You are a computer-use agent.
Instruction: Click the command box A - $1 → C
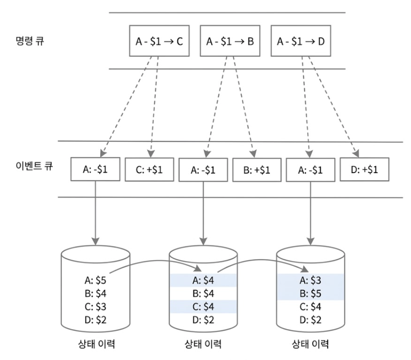tap(159, 41)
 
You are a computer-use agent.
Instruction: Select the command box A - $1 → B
tap(230, 41)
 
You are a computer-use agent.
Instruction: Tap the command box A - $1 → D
tap(301, 41)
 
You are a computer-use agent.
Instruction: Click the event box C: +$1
tap(149, 170)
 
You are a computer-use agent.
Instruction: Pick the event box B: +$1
tap(257, 170)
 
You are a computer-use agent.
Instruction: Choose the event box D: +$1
tap(365, 169)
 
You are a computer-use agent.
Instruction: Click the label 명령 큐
tap(30, 41)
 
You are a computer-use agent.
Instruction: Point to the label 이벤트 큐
tap(34, 166)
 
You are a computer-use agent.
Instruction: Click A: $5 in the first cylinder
tap(95, 280)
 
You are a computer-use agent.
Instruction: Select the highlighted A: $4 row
tap(203, 280)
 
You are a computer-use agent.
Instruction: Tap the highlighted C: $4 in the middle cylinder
tap(203, 307)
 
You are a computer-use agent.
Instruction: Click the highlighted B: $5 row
tap(310, 294)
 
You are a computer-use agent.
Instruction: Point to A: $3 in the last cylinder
tap(310, 280)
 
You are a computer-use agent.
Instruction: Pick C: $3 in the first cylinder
tap(95, 307)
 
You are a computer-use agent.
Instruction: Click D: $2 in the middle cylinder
tap(203, 320)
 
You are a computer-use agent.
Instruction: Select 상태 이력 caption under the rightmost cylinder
tap(310, 344)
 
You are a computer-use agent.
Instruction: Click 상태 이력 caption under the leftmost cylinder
tap(97, 344)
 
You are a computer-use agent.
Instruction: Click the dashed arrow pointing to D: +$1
tap(334, 107)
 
